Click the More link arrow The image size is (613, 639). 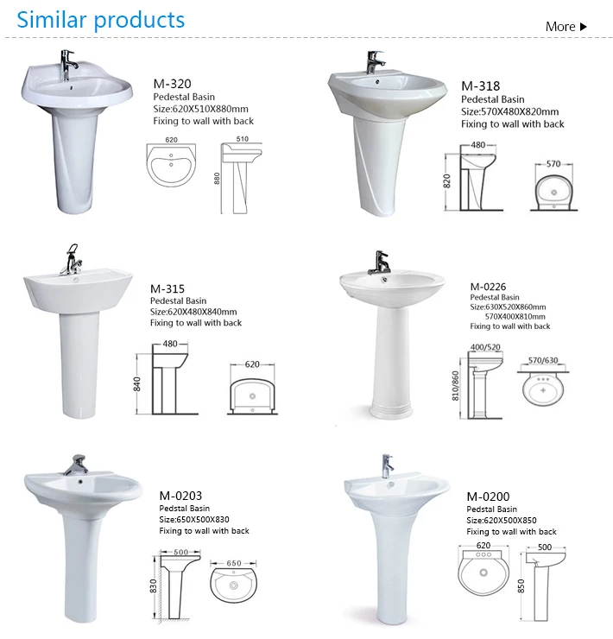(584, 27)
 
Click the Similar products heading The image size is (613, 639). (101, 20)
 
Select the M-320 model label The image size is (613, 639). (172, 84)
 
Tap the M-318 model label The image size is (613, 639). (480, 86)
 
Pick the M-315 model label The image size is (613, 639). (167, 289)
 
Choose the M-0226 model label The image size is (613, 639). (488, 287)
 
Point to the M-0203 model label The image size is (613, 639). (180, 496)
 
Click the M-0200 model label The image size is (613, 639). (488, 497)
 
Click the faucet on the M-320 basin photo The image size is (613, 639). (68, 65)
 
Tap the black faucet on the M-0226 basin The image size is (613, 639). (380, 263)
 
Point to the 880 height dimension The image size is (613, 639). (217, 178)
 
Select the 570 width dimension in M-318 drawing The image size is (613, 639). (553, 164)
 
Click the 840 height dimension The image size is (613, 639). (137, 384)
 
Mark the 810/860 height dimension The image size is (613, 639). (455, 385)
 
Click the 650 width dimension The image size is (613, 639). (234, 563)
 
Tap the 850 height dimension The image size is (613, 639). (521, 586)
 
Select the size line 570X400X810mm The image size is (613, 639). (515, 317)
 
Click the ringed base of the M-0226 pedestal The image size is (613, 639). (390, 412)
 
